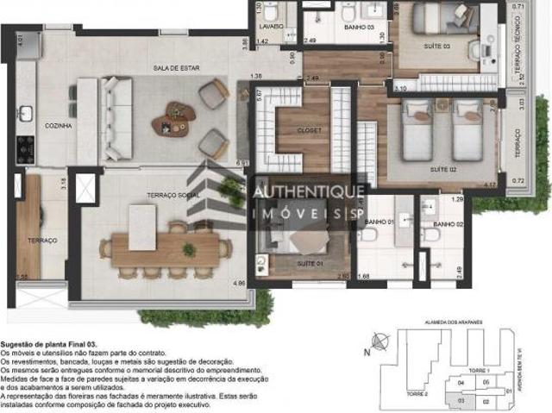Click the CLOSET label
click(309, 131)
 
